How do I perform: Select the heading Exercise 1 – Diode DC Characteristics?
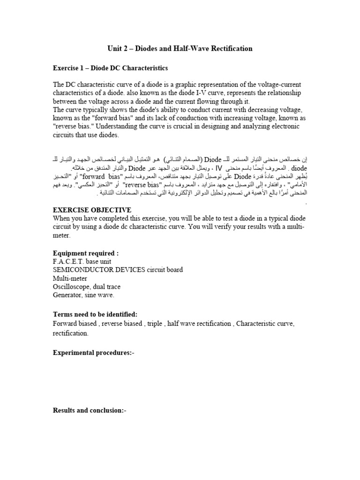(110, 68)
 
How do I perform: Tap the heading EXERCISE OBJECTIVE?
(92, 210)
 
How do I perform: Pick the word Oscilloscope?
(71, 286)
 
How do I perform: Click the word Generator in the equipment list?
(67, 295)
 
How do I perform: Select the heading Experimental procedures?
(93, 352)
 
